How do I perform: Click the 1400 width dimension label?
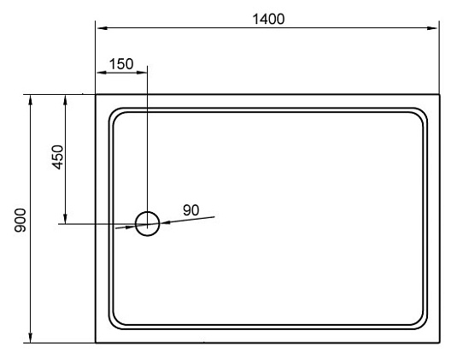268,20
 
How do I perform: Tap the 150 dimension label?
121,64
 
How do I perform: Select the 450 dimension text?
58,157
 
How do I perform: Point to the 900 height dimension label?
21,221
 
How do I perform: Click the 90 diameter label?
191,210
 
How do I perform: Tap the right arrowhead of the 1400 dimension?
432,28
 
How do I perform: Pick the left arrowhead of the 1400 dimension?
102,28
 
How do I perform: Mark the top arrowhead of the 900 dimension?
30,100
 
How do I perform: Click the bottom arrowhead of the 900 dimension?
30,338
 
